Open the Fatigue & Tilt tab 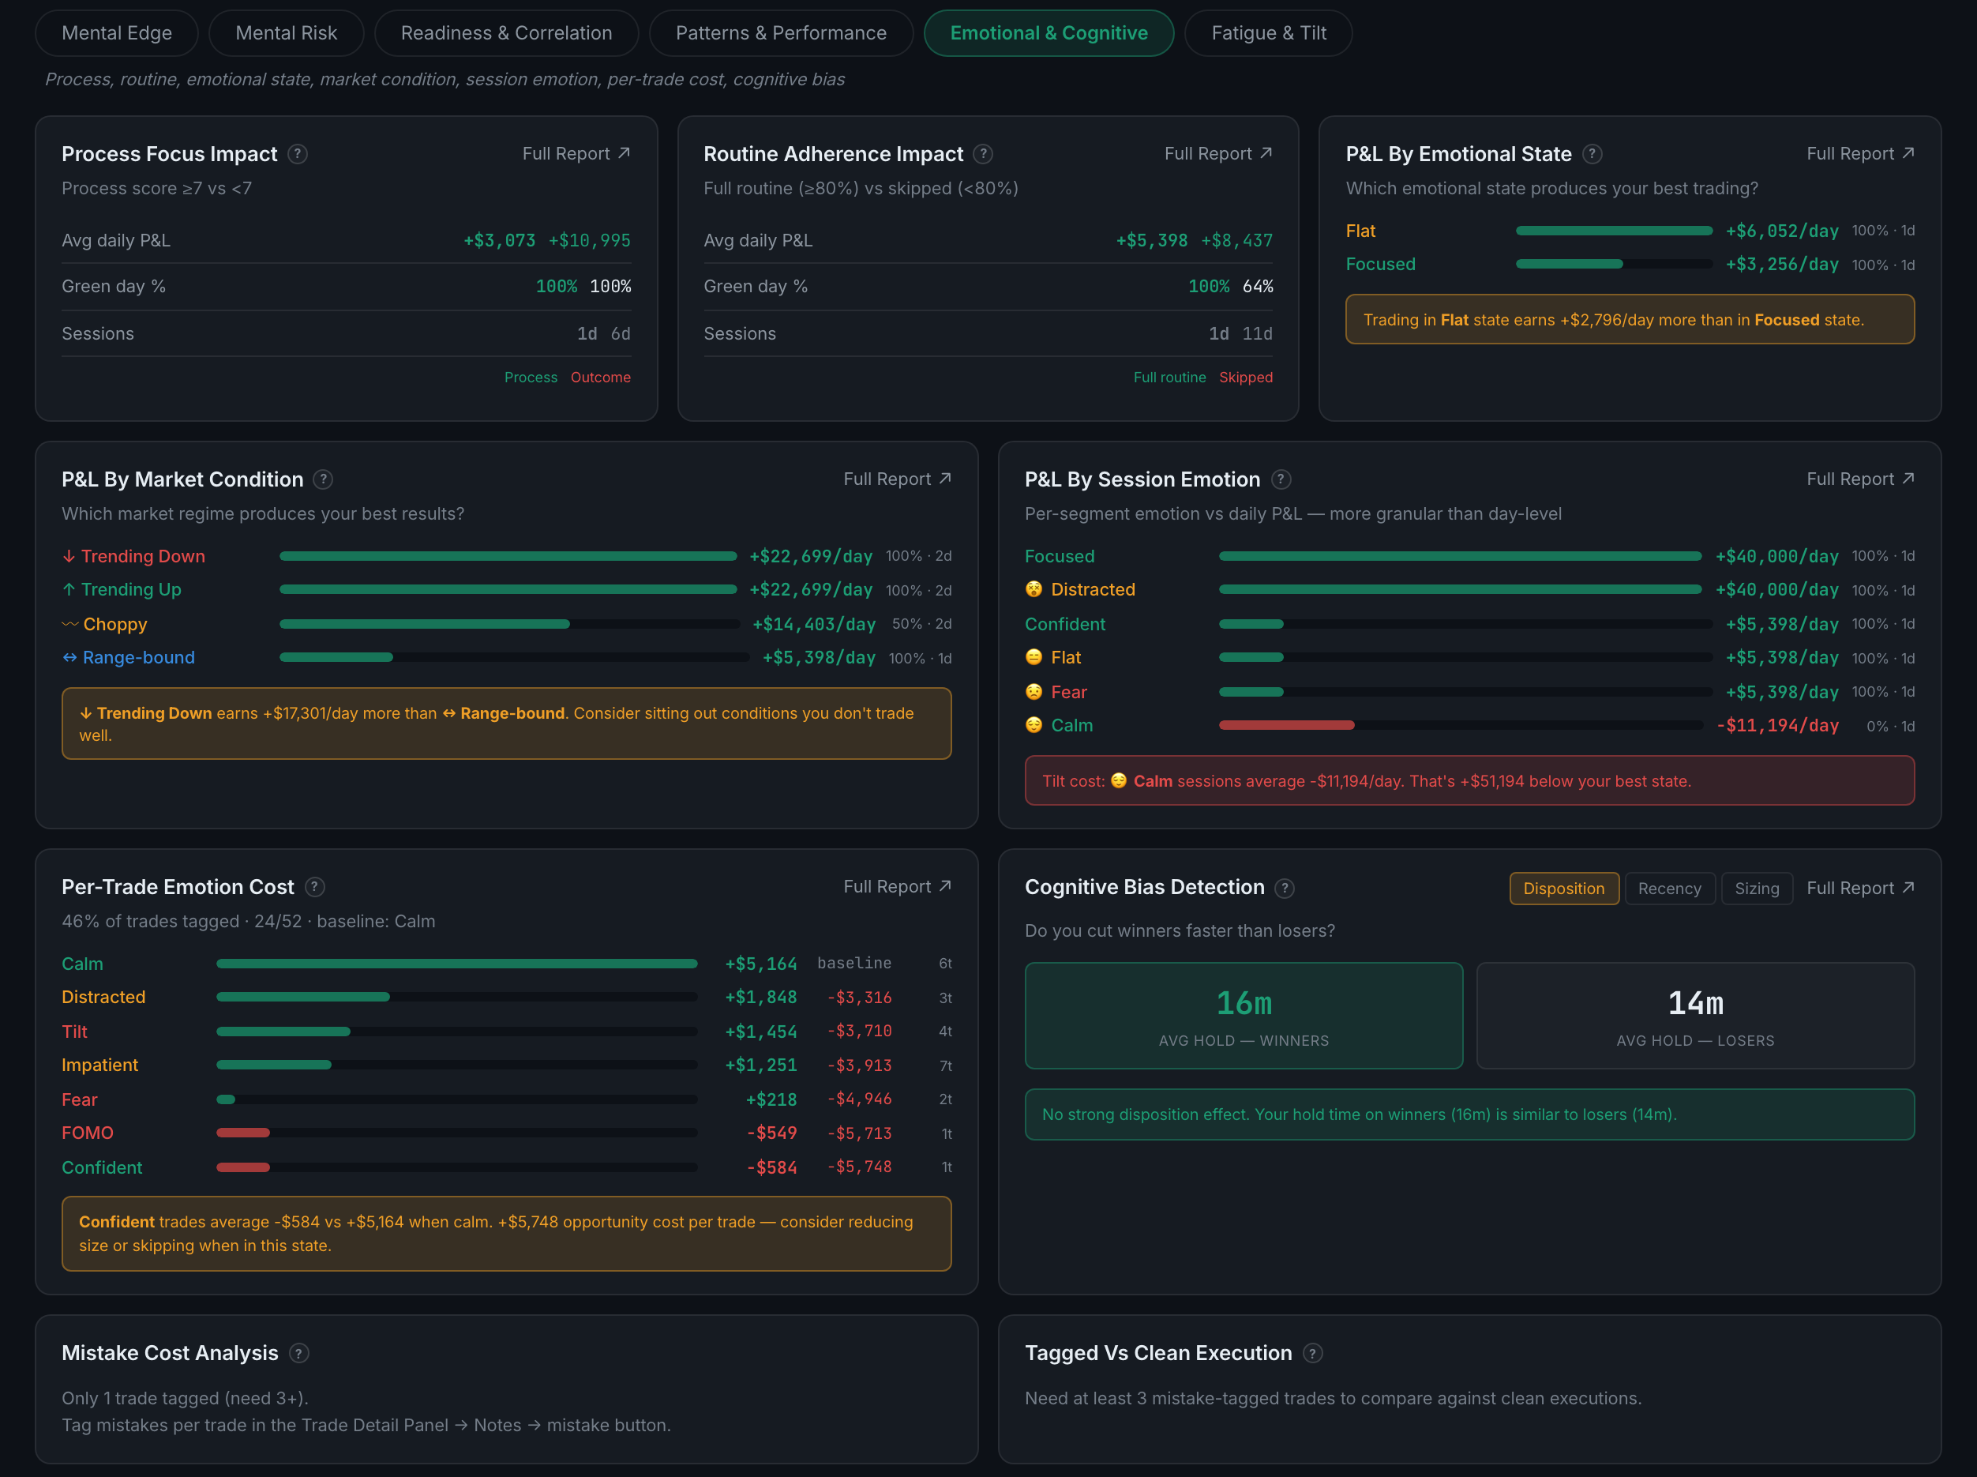pyautogui.click(x=1268, y=33)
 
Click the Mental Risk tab pyautogui.click(x=286, y=33)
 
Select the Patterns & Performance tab pyautogui.click(x=781, y=33)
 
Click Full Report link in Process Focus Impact pyautogui.click(x=576, y=154)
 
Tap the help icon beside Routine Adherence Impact pyautogui.click(x=983, y=154)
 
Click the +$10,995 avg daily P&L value pyautogui.click(x=590, y=240)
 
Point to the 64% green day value pyautogui.click(x=1258, y=286)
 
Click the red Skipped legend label pyautogui.click(x=1246, y=378)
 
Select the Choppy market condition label pyautogui.click(x=114, y=624)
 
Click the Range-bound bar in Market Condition pyautogui.click(x=336, y=657)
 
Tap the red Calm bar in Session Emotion pyautogui.click(x=1287, y=725)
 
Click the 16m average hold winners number pyautogui.click(x=1244, y=1003)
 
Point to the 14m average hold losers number pyautogui.click(x=1695, y=1003)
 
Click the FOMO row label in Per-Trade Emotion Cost pyautogui.click(x=88, y=1133)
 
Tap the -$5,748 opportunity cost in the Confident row pyautogui.click(x=860, y=1167)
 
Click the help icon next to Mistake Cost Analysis pyautogui.click(x=299, y=1354)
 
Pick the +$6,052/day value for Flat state pyautogui.click(x=1782, y=231)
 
